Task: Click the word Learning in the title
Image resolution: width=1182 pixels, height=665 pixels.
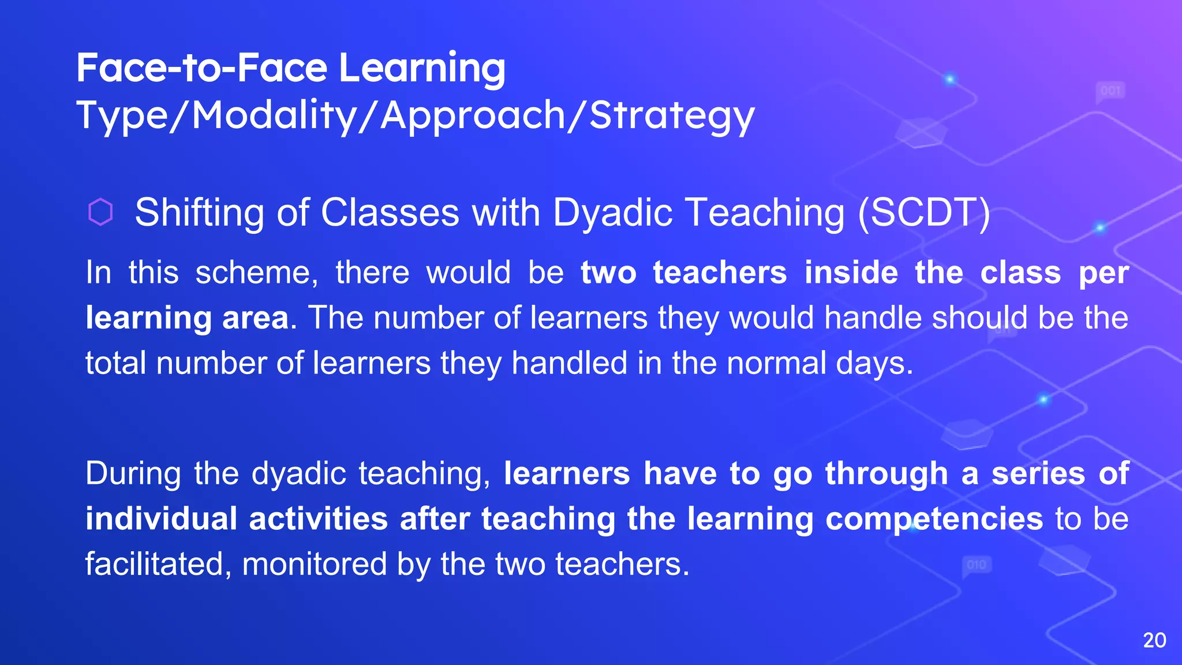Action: [x=421, y=69]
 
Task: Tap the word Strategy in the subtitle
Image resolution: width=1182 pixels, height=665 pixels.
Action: [x=672, y=115]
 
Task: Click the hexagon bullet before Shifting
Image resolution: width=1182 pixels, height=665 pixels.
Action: [x=100, y=212]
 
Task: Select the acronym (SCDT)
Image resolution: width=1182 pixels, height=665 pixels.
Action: [x=923, y=212]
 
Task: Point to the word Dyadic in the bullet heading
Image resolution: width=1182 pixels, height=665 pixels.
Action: [x=613, y=212]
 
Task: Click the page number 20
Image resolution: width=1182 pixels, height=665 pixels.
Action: [x=1154, y=640]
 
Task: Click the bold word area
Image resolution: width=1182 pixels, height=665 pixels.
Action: [x=255, y=318]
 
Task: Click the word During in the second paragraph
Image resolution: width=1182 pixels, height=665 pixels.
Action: [x=133, y=473]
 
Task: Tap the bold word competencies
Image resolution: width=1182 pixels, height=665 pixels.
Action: [x=934, y=518]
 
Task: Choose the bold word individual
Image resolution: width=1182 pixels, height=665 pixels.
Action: [x=161, y=518]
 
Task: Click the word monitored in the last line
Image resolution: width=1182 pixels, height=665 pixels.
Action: [x=314, y=564]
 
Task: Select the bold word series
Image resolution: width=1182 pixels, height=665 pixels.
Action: [x=1038, y=473]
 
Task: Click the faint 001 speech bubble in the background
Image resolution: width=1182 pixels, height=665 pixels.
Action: [x=1110, y=91]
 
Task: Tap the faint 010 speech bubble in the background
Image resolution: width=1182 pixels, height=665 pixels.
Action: [x=976, y=565]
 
